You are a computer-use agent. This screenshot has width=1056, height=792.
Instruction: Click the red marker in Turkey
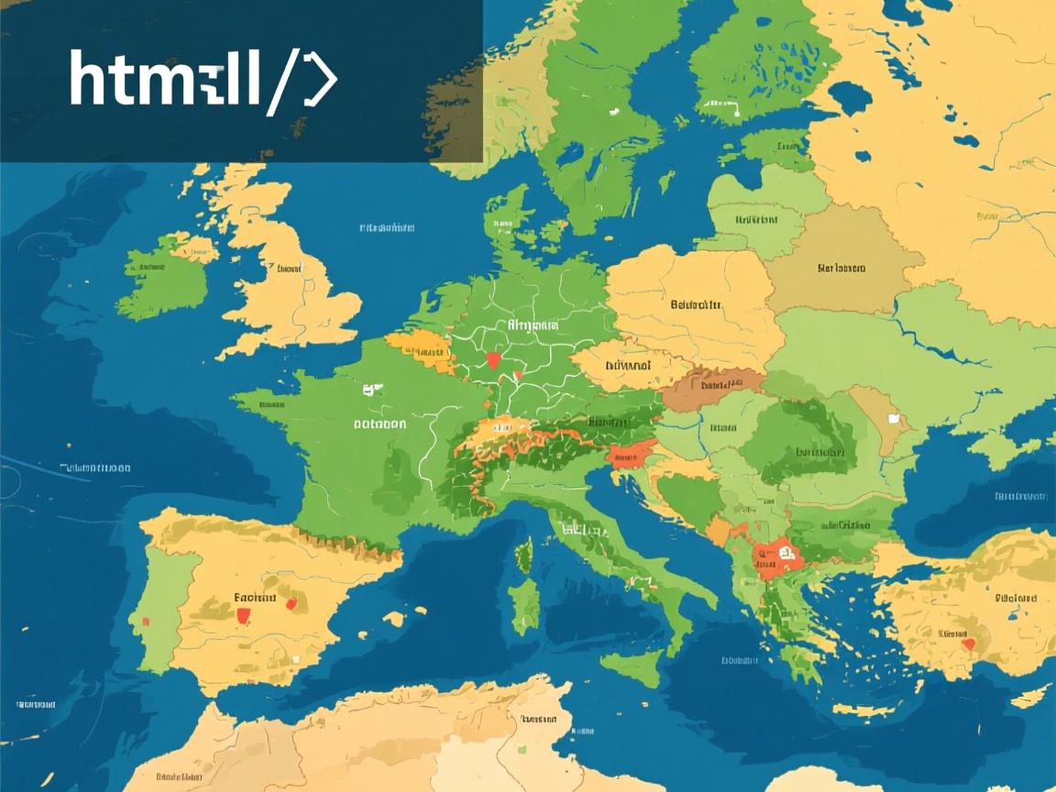coord(966,643)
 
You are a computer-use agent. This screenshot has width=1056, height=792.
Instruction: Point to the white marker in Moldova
coord(895,419)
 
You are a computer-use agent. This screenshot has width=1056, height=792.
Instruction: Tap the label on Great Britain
coord(288,269)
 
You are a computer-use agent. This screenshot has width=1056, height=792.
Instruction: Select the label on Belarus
coord(840,269)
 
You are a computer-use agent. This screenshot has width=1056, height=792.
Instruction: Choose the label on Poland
coord(696,303)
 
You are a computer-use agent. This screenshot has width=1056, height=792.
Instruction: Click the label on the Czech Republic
coord(628,366)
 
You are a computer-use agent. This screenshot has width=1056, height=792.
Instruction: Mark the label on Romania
coord(819,452)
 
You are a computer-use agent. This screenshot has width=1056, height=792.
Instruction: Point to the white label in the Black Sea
coord(1020,496)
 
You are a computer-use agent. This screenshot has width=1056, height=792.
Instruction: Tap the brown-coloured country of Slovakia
coord(710,390)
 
